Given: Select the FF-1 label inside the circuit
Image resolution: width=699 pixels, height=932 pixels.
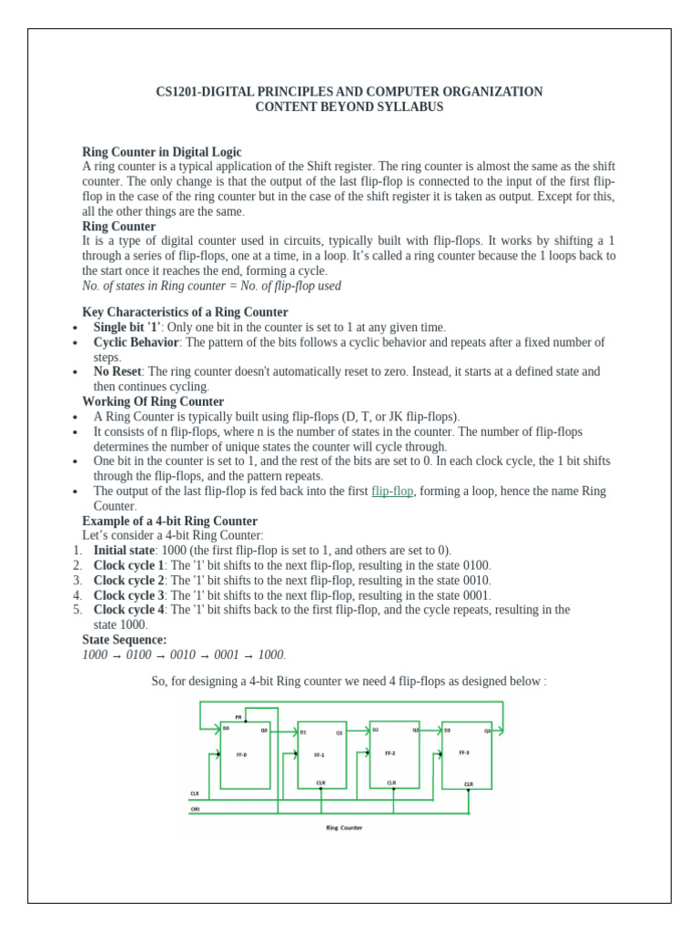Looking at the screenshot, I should [x=319, y=755].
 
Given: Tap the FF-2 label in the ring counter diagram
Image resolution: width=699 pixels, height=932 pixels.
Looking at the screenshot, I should [x=391, y=755].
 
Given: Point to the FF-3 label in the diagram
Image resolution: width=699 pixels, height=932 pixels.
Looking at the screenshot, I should [x=464, y=753].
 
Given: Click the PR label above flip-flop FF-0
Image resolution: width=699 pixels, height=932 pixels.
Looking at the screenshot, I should [x=238, y=717].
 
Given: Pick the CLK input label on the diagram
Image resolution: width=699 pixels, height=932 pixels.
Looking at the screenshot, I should [x=195, y=794].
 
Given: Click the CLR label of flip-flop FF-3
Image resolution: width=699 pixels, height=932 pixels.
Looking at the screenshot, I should [x=469, y=784].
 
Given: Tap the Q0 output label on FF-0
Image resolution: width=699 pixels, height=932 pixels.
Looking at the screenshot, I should [x=264, y=728].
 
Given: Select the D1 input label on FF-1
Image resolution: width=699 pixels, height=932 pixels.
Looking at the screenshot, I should [x=304, y=732].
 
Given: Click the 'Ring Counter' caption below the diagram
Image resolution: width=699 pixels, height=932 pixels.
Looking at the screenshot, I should [x=344, y=827].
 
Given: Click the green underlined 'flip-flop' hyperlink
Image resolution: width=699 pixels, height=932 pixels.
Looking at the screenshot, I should [x=392, y=491].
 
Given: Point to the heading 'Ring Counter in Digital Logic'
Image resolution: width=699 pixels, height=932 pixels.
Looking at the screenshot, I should [x=162, y=152].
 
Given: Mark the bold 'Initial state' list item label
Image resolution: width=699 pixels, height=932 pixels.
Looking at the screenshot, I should [x=124, y=551].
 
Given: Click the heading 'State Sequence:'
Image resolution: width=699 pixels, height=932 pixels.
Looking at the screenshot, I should [x=125, y=640].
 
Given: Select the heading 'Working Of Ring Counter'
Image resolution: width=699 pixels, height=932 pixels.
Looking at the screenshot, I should [x=153, y=401].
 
